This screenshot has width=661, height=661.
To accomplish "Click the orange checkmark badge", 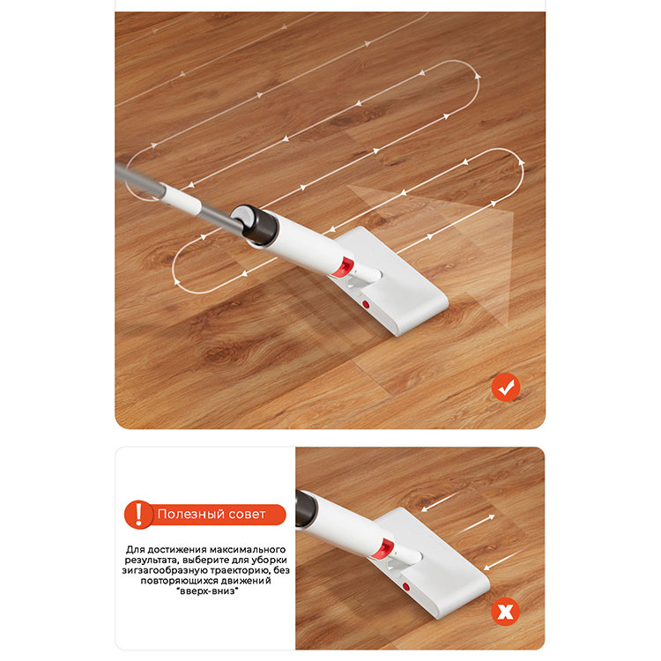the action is pos(506,387).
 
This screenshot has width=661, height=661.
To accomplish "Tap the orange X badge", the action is pos(506,612).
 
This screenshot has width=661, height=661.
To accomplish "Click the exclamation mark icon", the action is pos(138,515).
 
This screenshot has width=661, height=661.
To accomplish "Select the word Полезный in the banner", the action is pos(188,515).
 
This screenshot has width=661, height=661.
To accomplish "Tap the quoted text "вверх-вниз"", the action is pos(208,591).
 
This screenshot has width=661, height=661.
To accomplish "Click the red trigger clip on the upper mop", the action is pos(344,267).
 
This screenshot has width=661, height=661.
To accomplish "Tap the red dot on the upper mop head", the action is pos(366,304).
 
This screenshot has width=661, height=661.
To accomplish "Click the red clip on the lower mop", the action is pos(384,548).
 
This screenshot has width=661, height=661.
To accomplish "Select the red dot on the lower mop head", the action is pos(406,586).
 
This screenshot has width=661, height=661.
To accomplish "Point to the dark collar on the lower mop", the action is pos(305,509).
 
